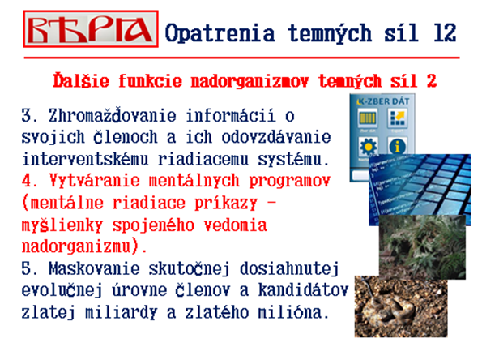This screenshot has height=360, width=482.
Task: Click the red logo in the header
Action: (x=91, y=29)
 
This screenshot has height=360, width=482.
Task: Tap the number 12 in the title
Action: (x=445, y=32)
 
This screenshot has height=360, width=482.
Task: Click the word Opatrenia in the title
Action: (x=220, y=33)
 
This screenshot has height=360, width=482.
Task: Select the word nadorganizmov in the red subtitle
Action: (x=250, y=82)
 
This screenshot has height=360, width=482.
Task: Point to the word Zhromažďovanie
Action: (x=113, y=115)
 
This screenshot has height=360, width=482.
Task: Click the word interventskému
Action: (x=85, y=159)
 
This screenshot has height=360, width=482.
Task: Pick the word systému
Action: (x=293, y=160)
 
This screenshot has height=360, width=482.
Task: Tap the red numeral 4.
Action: (x=27, y=180)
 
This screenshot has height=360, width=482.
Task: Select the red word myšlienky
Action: (x=62, y=225)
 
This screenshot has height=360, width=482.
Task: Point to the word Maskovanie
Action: (x=94, y=268)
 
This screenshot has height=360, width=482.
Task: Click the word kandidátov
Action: (x=303, y=289)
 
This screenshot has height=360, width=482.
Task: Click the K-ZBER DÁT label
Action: (x=383, y=101)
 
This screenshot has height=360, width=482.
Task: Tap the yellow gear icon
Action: (x=368, y=146)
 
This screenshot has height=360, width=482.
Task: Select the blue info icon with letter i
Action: (x=397, y=146)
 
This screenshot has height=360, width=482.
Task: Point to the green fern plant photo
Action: (x=422, y=246)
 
